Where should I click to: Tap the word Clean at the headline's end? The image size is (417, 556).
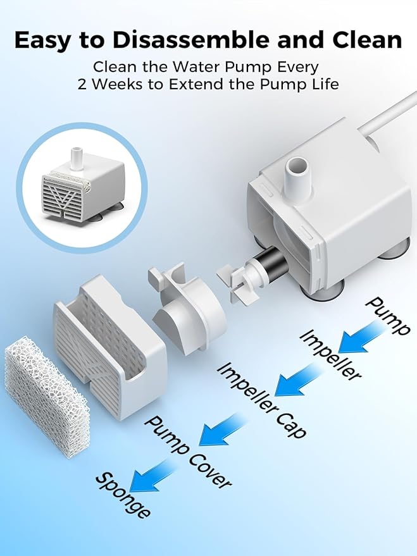(367, 40)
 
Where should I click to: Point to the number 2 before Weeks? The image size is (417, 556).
(82, 85)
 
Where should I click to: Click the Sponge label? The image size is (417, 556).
(123, 495)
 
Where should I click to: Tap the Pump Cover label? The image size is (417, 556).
(188, 452)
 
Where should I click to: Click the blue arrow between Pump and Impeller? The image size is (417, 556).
(358, 337)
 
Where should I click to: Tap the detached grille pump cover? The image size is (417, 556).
(110, 347)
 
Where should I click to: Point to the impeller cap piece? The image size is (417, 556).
(186, 309)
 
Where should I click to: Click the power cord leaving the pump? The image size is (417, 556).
(388, 113)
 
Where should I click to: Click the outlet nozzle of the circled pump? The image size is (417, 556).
(77, 158)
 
